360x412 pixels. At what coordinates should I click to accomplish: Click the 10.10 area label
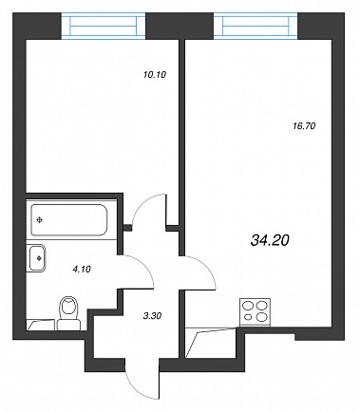tap(155, 75)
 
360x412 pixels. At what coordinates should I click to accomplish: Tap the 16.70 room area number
tap(304, 126)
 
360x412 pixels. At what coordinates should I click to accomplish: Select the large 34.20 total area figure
tap(270, 241)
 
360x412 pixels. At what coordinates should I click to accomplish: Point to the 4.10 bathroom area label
tap(82, 270)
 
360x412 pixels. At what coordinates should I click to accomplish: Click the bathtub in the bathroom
tap(69, 220)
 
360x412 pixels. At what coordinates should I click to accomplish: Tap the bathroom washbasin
tap(37, 258)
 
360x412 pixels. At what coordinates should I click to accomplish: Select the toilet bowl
tap(69, 308)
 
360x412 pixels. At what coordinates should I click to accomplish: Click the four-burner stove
tap(256, 312)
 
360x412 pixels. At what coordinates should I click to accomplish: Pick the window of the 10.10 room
tap(104, 26)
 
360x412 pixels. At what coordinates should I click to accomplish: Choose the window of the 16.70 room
tap(256, 26)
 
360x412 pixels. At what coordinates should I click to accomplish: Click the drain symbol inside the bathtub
tap(39, 220)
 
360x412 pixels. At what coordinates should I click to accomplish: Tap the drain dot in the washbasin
tap(39, 258)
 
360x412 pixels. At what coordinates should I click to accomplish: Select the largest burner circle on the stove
tap(261, 306)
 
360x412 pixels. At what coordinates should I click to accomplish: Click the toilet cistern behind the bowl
tap(69, 325)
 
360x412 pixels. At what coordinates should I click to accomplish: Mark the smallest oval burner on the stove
tap(248, 317)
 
